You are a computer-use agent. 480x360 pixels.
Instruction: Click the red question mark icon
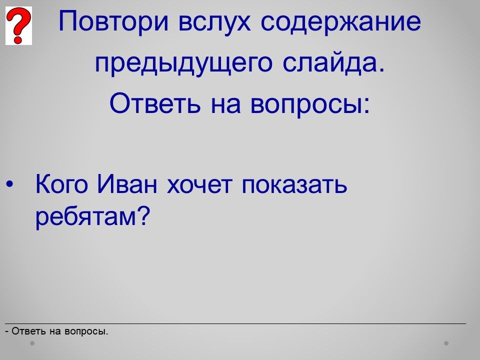point(18,25)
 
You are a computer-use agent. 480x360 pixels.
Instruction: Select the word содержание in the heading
point(340,21)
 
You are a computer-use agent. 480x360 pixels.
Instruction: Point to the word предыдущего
point(183,63)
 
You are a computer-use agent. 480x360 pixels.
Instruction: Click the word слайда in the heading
point(333,63)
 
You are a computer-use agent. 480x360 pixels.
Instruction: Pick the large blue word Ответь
point(155,103)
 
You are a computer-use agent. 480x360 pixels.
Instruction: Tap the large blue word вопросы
point(310,104)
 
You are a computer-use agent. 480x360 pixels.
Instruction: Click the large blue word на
point(225,105)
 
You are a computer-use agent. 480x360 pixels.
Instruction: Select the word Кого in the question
point(61,184)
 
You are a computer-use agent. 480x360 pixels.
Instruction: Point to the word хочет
point(199,185)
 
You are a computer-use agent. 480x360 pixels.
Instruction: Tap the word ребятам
point(92,216)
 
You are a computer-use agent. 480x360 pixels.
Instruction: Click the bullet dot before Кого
point(10,184)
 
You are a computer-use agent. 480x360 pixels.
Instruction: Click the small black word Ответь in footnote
point(29,331)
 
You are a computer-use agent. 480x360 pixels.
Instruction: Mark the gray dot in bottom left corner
point(32,343)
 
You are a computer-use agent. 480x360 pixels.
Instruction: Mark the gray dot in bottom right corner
point(446,343)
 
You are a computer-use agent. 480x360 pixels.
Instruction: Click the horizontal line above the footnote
point(235,323)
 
